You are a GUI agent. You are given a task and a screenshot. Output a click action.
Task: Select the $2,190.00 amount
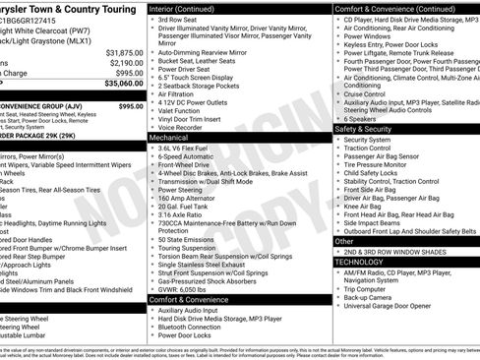point(125,62)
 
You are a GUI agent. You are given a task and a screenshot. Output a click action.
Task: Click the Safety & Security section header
point(363,129)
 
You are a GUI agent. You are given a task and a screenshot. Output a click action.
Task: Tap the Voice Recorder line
point(185,127)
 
